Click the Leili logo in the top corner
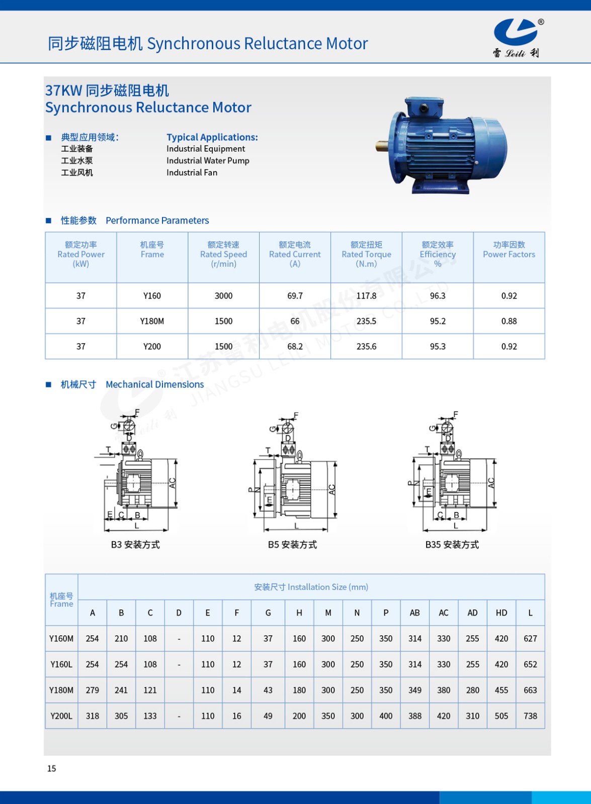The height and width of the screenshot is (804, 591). click(517, 38)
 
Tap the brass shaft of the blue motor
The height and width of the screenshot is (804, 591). click(382, 146)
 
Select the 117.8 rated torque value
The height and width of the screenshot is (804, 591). click(366, 296)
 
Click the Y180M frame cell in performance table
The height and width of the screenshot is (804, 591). click(152, 321)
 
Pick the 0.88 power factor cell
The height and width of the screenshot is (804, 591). click(509, 321)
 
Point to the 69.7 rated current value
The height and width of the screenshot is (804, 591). click(295, 296)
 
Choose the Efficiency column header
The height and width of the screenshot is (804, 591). click(438, 254)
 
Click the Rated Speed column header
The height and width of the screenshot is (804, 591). click(223, 254)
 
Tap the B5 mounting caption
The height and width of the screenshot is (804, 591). click(292, 545)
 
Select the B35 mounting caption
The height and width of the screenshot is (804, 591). click(452, 545)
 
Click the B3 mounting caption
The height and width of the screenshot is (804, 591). click(135, 545)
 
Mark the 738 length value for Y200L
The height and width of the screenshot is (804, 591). click(530, 716)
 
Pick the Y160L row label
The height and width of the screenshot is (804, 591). click(61, 664)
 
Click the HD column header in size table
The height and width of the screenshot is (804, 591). click(501, 613)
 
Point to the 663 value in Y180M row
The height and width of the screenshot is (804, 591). click(530, 690)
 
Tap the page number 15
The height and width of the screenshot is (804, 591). click(51, 768)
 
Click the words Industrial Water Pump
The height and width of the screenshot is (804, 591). click(208, 161)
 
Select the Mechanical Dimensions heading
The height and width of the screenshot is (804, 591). click(154, 384)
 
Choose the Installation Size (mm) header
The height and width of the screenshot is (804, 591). click(311, 587)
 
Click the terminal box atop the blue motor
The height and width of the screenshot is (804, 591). click(424, 107)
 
